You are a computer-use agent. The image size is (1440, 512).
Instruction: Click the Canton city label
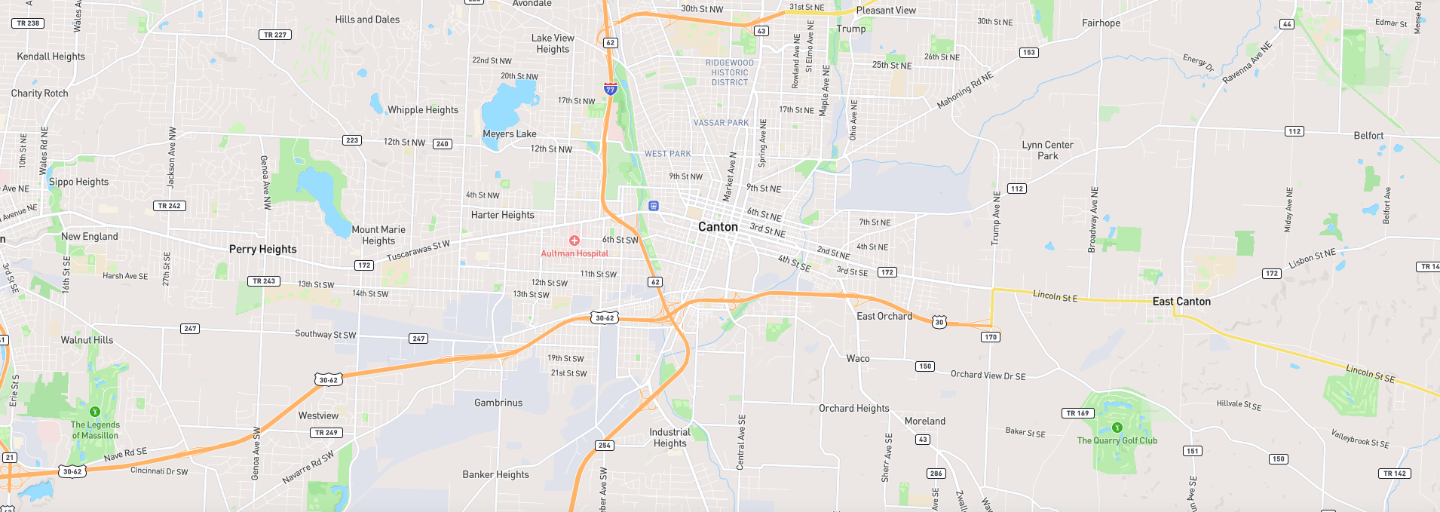[718, 227]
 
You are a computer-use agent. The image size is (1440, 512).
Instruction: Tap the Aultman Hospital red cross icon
[574, 241]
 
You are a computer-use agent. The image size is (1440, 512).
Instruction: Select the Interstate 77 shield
[611, 88]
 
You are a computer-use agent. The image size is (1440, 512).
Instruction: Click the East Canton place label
[1181, 302]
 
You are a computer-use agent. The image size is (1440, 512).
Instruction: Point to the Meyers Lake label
[510, 134]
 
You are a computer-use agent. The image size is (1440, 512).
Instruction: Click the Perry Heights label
[262, 250]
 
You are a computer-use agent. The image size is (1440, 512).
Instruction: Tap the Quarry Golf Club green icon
[1117, 428]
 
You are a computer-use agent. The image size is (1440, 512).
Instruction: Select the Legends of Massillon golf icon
[95, 412]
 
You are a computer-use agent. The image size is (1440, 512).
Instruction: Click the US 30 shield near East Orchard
[939, 322]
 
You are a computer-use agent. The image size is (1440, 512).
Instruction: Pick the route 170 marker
[991, 337]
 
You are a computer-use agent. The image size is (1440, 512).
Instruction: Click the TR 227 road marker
[275, 35]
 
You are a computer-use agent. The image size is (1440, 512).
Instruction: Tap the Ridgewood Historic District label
[730, 73]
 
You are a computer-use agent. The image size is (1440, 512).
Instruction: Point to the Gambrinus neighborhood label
[498, 403]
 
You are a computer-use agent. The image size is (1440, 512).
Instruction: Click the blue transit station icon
[654, 206]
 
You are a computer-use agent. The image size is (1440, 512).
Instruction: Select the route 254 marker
[605, 446]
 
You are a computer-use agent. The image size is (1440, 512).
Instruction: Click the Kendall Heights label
[51, 57]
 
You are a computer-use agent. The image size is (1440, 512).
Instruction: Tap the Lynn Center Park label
[1047, 150]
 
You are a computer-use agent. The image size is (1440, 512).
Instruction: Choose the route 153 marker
[1028, 53]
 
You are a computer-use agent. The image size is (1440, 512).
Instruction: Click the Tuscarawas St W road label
[418, 251]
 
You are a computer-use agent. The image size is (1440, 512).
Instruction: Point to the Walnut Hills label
[87, 340]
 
